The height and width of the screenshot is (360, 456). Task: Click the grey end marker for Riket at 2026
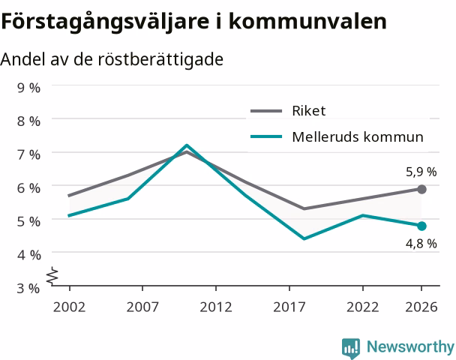(421, 189)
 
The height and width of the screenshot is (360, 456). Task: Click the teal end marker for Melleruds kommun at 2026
(421, 226)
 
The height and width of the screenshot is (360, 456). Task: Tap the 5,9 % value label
(421, 172)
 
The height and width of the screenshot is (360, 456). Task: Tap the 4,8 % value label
(421, 244)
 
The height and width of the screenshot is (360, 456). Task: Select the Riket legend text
(309, 111)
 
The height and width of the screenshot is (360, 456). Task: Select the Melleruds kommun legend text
(358, 136)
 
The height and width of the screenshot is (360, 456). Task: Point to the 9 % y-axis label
(28, 88)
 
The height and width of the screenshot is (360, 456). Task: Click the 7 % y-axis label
(28, 154)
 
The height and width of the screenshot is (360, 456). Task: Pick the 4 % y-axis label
(28, 255)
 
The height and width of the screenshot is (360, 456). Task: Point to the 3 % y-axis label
(28, 289)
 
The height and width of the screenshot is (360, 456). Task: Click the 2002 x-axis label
(69, 307)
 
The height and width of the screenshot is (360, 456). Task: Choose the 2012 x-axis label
(216, 307)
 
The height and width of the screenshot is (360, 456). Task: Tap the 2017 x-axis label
(289, 307)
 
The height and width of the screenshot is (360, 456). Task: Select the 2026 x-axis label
(421, 307)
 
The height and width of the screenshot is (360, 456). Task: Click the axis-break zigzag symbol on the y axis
(52, 275)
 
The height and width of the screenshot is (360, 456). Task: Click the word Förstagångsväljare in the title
(105, 22)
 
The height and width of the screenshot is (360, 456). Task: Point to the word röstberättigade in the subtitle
(160, 59)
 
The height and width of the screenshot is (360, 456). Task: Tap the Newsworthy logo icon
(351, 348)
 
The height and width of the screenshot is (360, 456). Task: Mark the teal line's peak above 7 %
(187, 145)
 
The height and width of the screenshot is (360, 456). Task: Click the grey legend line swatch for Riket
(266, 111)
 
